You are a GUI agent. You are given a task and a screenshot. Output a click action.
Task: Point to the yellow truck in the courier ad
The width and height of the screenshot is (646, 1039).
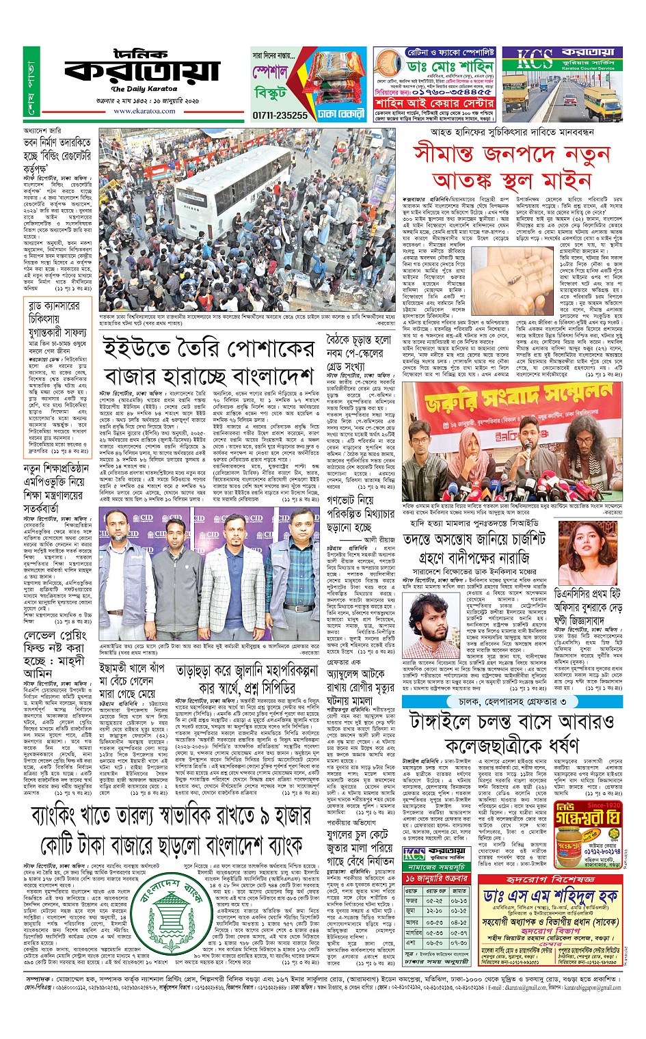pyautogui.click(x=599, y=97)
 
